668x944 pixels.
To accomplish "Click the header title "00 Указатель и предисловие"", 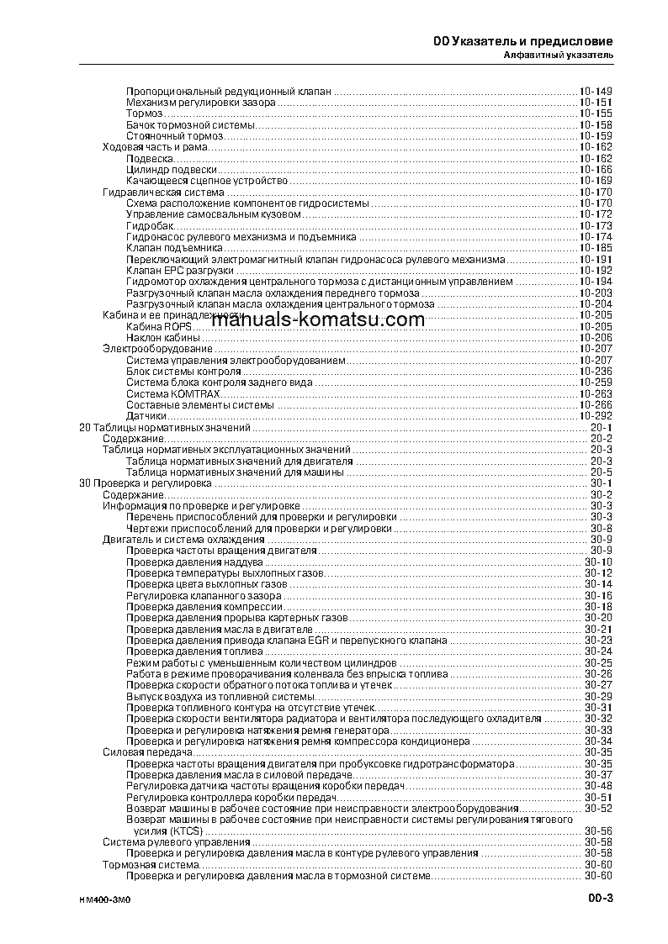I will (x=522, y=41).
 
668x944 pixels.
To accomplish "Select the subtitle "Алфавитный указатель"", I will (x=558, y=55).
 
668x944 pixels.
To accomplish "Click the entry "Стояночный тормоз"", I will (x=175, y=136).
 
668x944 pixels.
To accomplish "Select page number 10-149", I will (x=595, y=91).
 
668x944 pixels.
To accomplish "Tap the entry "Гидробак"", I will (x=150, y=226).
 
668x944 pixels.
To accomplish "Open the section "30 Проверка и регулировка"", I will (x=144, y=483).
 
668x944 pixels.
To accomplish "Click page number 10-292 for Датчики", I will (x=595, y=416).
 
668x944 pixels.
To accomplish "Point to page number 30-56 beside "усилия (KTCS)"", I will (x=598, y=831).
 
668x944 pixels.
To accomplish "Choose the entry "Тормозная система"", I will (x=151, y=864).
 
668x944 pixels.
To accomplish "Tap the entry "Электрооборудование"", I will (x=157, y=348).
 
